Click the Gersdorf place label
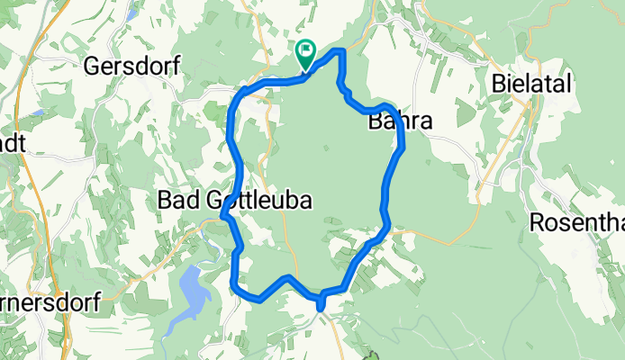click(132, 66)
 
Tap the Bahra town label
click(401, 122)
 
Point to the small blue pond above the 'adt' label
click(36, 112)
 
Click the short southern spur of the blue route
click(321, 303)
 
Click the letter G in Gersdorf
click(92, 66)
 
